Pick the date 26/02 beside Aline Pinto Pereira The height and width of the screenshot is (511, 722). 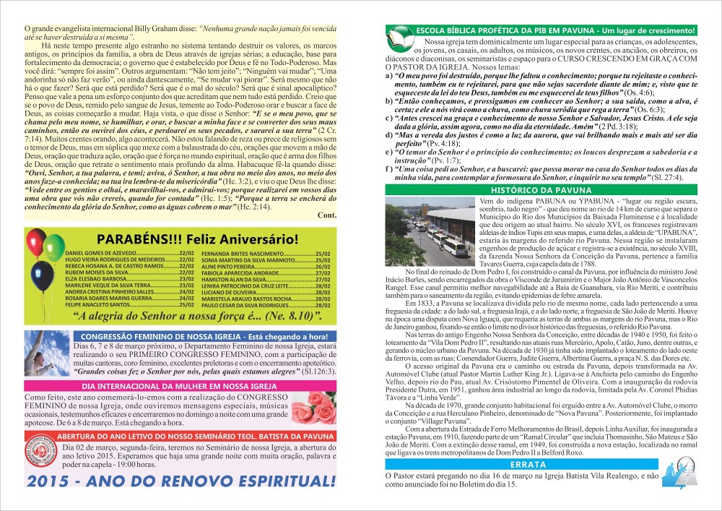point(322,267)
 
